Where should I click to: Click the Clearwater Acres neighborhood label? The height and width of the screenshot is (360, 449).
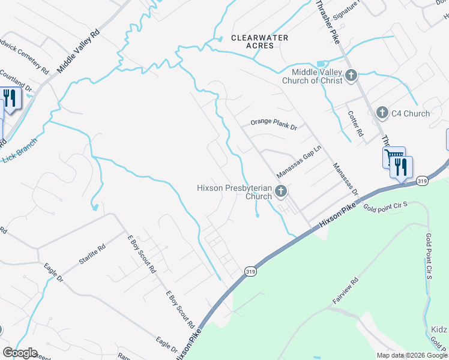click(x=260, y=42)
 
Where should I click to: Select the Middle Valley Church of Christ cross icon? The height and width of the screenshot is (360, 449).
click(x=352, y=76)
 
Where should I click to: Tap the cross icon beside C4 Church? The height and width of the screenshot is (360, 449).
click(x=381, y=113)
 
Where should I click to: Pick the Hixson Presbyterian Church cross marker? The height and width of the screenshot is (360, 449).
click(x=280, y=192)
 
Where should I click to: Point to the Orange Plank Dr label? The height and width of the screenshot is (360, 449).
click(x=274, y=122)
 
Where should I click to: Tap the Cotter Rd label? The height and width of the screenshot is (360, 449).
click(x=356, y=122)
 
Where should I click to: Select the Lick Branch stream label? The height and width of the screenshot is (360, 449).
click(x=20, y=151)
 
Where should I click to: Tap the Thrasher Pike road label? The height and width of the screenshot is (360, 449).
click(x=327, y=21)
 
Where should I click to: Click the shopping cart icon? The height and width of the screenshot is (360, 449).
click(x=394, y=158)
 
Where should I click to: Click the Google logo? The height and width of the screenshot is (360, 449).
click(x=20, y=353)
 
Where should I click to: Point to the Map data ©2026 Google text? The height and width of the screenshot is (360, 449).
click(x=412, y=355)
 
